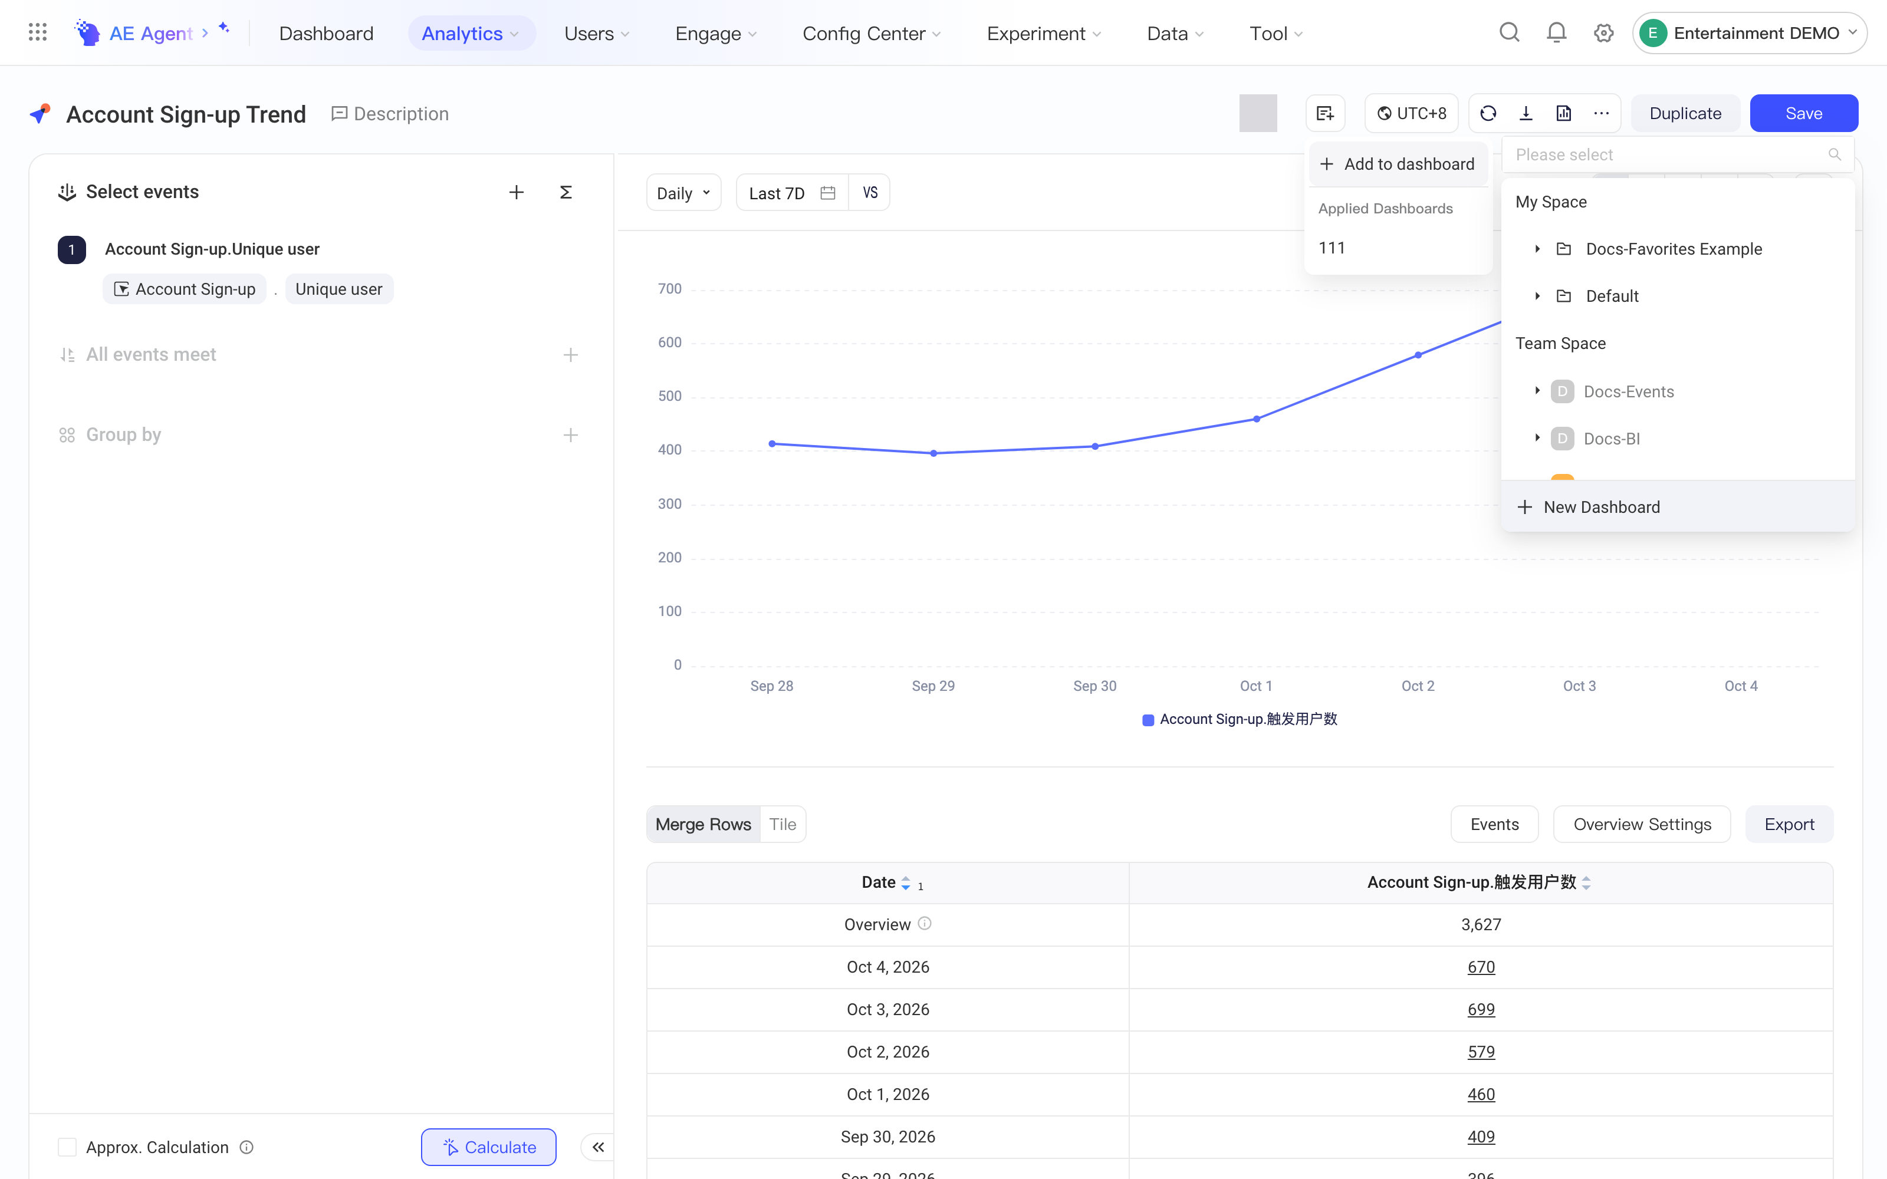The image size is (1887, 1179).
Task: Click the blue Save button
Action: (1804, 113)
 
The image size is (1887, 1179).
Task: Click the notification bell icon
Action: (1556, 33)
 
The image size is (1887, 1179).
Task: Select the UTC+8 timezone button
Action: (1411, 113)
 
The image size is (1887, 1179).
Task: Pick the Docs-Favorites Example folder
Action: (1674, 249)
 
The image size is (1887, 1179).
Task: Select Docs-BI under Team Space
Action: (1611, 438)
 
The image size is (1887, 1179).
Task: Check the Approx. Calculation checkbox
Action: (67, 1147)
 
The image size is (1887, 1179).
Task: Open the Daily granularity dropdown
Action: (683, 193)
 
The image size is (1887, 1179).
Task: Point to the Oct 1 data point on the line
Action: (1256, 419)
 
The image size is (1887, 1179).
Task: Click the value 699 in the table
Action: (1481, 1009)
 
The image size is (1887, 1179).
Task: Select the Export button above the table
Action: (1789, 824)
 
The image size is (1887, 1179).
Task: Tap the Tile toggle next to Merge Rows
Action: (782, 824)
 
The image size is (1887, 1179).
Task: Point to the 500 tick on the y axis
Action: (670, 396)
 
